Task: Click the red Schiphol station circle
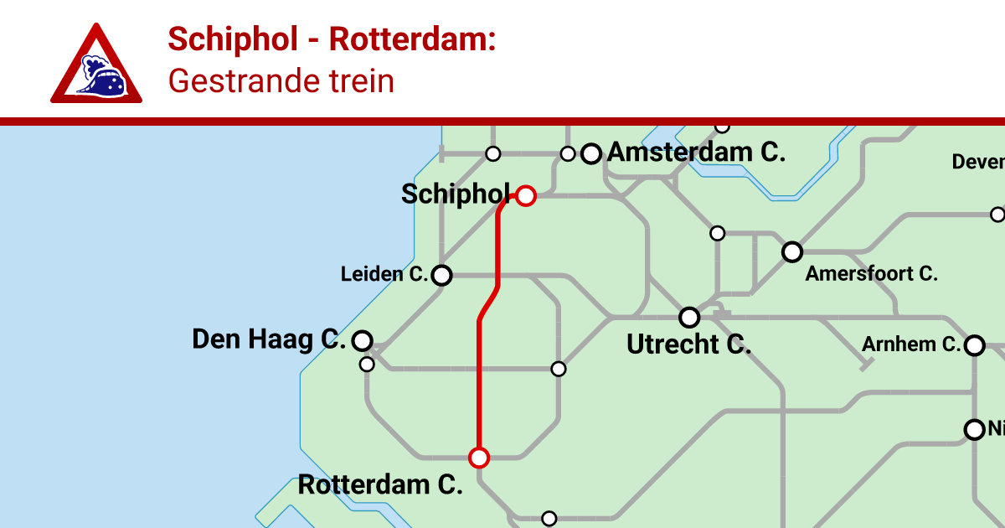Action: click(525, 196)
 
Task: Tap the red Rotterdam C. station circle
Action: click(478, 458)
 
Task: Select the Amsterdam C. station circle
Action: click(591, 153)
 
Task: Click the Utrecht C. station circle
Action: click(689, 318)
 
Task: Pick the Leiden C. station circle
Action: click(441, 275)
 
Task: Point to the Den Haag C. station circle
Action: click(362, 340)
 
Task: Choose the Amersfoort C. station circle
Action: click(791, 251)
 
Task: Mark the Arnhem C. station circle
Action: click(974, 345)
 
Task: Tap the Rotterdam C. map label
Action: click(380, 484)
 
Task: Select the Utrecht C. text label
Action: click(688, 344)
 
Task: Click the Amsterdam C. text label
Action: click(696, 153)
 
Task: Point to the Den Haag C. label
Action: click(268, 339)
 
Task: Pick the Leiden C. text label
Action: click(384, 274)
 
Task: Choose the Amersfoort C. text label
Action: click(871, 273)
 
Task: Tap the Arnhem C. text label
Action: click(910, 344)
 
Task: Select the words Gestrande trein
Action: click(281, 81)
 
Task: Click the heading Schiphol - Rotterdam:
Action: click(332, 39)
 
